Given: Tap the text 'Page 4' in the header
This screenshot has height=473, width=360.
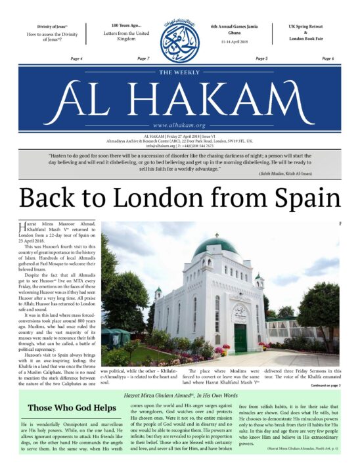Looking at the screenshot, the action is pos(76,59).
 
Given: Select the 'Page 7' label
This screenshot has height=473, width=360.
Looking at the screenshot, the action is pos(143,59).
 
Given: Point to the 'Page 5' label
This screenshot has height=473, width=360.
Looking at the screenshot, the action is pos(261,59).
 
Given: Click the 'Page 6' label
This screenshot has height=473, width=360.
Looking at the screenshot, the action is pos(328,59).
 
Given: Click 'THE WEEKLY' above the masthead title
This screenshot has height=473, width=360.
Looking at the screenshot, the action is pos(179,73).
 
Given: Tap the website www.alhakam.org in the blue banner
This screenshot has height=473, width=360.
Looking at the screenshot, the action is pos(179,125).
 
